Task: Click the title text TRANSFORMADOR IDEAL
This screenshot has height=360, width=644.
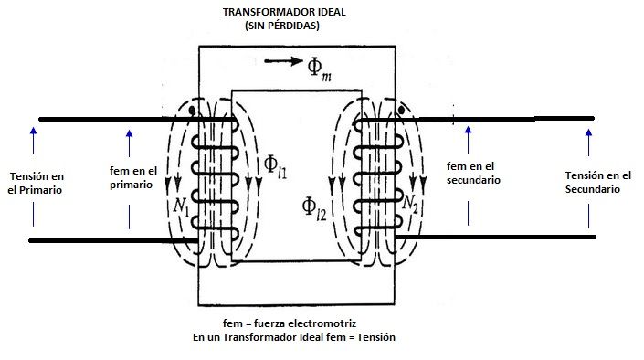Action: tap(284, 12)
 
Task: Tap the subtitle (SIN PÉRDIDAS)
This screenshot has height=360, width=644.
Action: tap(282, 26)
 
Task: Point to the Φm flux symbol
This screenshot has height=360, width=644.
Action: tap(319, 69)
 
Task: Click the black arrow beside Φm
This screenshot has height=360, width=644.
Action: tap(283, 61)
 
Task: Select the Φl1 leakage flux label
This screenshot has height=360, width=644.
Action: tap(275, 166)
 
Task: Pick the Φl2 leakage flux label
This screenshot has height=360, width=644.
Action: tap(314, 208)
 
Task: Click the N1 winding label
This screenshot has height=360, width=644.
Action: tap(181, 205)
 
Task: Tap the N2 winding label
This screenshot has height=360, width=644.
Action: tap(410, 204)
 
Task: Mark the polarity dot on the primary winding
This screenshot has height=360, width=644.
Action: tap(192, 111)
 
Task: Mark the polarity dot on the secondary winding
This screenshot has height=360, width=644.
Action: tap(402, 111)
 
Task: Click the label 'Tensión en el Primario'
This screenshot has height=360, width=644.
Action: tap(36, 184)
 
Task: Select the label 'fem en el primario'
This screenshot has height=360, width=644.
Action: tap(133, 177)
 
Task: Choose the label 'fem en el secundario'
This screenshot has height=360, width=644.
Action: tap(473, 173)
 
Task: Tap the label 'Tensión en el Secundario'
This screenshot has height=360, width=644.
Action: tap(598, 182)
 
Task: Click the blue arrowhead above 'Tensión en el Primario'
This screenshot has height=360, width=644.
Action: tap(33, 131)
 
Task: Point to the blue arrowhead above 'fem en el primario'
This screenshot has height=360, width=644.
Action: tap(130, 134)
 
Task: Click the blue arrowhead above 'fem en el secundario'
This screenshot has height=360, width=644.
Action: tap(468, 131)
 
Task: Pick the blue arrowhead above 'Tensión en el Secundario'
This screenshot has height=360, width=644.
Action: tap(588, 133)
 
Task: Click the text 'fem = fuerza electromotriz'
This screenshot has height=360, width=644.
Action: tap(290, 323)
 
